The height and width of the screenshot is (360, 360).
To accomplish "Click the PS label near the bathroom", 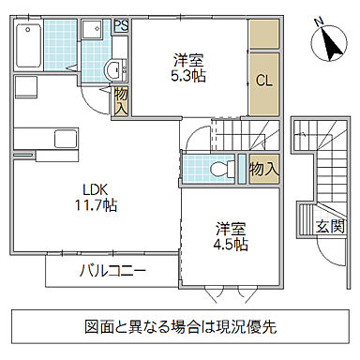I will (121, 26).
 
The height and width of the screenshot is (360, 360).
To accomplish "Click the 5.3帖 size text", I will (188, 78).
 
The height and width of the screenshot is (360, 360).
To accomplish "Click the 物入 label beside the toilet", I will (263, 169).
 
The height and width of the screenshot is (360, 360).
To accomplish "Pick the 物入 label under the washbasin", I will (121, 101).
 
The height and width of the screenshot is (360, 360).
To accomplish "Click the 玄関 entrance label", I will (328, 226).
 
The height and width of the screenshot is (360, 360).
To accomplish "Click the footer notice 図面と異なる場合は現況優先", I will (179, 328).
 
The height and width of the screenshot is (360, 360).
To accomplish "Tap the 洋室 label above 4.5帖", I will (231, 227).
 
